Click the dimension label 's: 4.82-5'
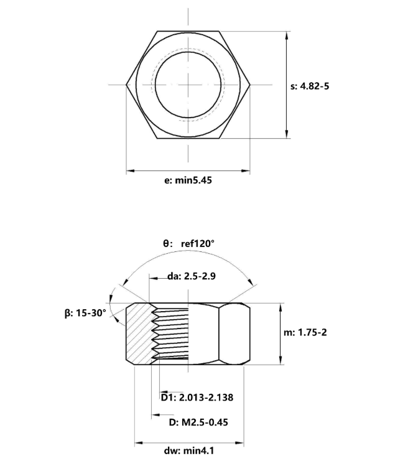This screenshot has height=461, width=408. pyautogui.click(x=310, y=86)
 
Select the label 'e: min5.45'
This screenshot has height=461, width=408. pyautogui.click(x=188, y=180)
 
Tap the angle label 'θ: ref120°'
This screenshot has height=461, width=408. pyautogui.click(x=188, y=244)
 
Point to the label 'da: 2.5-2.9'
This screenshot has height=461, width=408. pyautogui.click(x=192, y=276)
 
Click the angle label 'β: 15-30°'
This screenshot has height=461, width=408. pyautogui.click(x=85, y=313)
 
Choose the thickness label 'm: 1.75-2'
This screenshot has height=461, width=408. pyautogui.click(x=305, y=332)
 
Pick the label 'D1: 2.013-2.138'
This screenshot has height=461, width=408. pyautogui.click(x=197, y=398)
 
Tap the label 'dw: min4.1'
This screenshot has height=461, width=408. pyautogui.click(x=189, y=450)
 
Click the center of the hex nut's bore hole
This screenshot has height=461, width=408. pyautogui.click(x=188, y=85)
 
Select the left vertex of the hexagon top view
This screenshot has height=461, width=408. pyautogui.click(x=126, y=85)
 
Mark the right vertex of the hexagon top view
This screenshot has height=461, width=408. pyautogui.click(x=250, y=85)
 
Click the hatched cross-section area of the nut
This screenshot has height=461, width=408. pyautogui.click(x=139, y=333)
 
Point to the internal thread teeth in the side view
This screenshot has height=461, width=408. pyautogui.click(x=170, y=333)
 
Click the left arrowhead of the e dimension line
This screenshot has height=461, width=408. pyautogui.click(x=131, y=170)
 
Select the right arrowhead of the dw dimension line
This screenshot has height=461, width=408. pyautogui.click(x=239, y=442)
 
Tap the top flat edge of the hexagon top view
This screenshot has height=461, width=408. pyautogui.click(x=188, y=31)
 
